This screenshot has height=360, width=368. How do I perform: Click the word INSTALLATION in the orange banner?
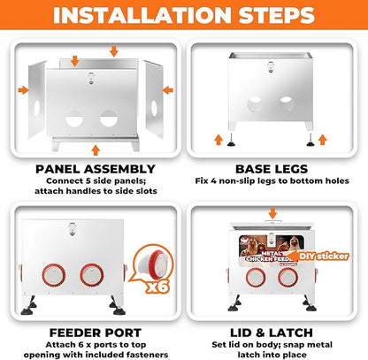pos(142,15)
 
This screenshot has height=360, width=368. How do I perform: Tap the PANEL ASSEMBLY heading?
pos(96,169)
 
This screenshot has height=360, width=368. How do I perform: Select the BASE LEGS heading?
pos(272,169)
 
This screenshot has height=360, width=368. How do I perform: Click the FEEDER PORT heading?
pos(96,333)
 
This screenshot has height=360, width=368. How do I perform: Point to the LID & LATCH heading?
pos(272,333)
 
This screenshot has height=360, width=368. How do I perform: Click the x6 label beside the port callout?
pos(158,287)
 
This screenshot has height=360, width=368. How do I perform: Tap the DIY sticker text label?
pos(324,257)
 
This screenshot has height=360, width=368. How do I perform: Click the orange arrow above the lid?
pos(272,213)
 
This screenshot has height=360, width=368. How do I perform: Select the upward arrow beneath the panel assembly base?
pos(96,150)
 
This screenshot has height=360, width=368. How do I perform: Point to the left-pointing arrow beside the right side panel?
pos(168,90)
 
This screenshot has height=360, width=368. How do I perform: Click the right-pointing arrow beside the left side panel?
pos(23,90)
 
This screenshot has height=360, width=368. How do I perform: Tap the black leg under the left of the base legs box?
pos(231,141)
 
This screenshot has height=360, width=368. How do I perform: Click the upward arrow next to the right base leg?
pos(323,140)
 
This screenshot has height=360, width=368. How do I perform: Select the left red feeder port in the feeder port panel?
pos(54,275)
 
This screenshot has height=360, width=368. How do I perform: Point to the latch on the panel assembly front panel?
pos(91,78)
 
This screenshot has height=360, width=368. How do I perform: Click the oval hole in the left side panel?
pos(37,109)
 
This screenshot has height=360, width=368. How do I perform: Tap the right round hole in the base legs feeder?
pos(287,103)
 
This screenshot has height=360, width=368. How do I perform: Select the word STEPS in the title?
pos(277,15)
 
